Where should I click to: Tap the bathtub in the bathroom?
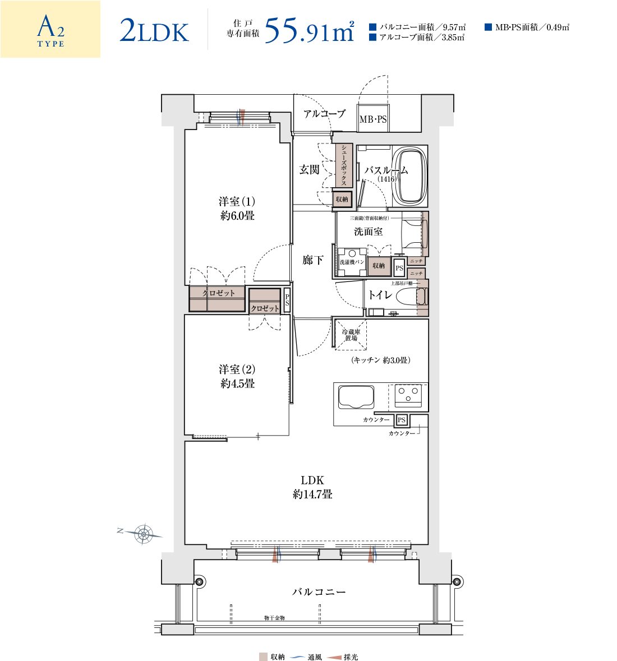pos(410,175)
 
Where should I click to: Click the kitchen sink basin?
pos(356,397)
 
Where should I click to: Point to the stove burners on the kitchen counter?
pos(408,395)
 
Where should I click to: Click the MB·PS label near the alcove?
pos(373,119)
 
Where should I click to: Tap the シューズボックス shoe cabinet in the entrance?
pos(344,165)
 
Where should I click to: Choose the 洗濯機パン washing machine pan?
pos(352,262)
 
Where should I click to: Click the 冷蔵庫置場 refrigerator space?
pos(351,335)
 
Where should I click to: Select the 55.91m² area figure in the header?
pos(310,30)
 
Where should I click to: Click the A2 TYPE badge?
pos(50,29)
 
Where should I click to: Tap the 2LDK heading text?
pos(154,31)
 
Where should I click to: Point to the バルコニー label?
pos(319,592)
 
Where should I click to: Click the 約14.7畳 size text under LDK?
pos(312,494)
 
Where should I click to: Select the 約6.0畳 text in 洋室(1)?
pos(237,216)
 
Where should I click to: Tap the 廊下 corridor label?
pos(312,260)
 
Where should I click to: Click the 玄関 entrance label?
pos(309,170)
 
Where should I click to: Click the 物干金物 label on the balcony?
pos(274,618)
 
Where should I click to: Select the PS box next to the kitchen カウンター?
pos(402,420)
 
